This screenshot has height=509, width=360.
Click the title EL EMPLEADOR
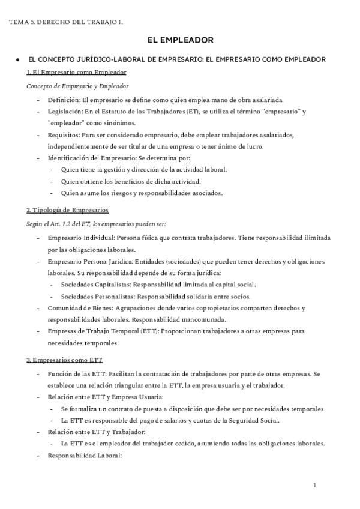coord(181,41)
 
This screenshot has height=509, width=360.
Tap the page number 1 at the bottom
coord(314,484)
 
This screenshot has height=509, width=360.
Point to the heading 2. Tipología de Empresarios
coord(67,210)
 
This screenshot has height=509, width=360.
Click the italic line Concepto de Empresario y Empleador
coord(77,86)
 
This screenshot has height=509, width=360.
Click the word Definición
coord(62,100)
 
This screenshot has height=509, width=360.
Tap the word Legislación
coord(64,112)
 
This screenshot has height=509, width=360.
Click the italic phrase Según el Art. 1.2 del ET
coord(64,224)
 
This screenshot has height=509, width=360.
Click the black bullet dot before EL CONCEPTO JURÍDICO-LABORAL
coord(19,59)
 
